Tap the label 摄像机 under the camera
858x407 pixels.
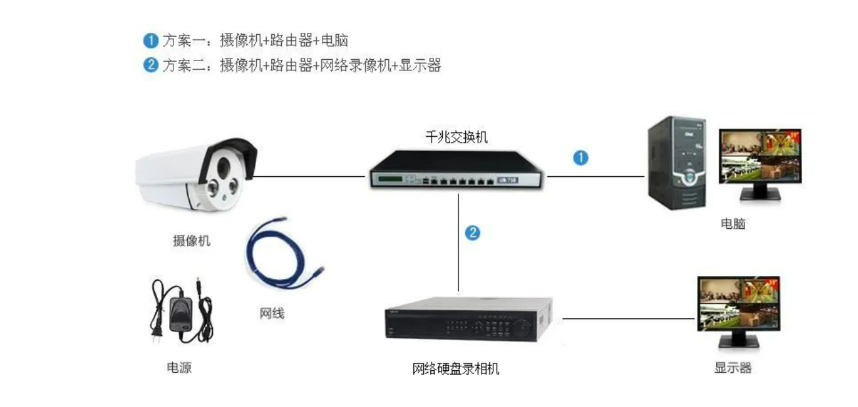192,241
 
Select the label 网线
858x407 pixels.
272,313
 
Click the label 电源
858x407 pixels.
179,368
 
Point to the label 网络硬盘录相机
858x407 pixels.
456,368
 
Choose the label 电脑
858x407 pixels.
733,224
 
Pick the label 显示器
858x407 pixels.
733,368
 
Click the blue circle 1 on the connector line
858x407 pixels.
580,158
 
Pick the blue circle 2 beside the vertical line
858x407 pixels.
472,232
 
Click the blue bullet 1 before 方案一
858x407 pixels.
151,41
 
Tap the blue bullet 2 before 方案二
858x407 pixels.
151,64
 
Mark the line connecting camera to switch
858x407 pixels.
309,176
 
